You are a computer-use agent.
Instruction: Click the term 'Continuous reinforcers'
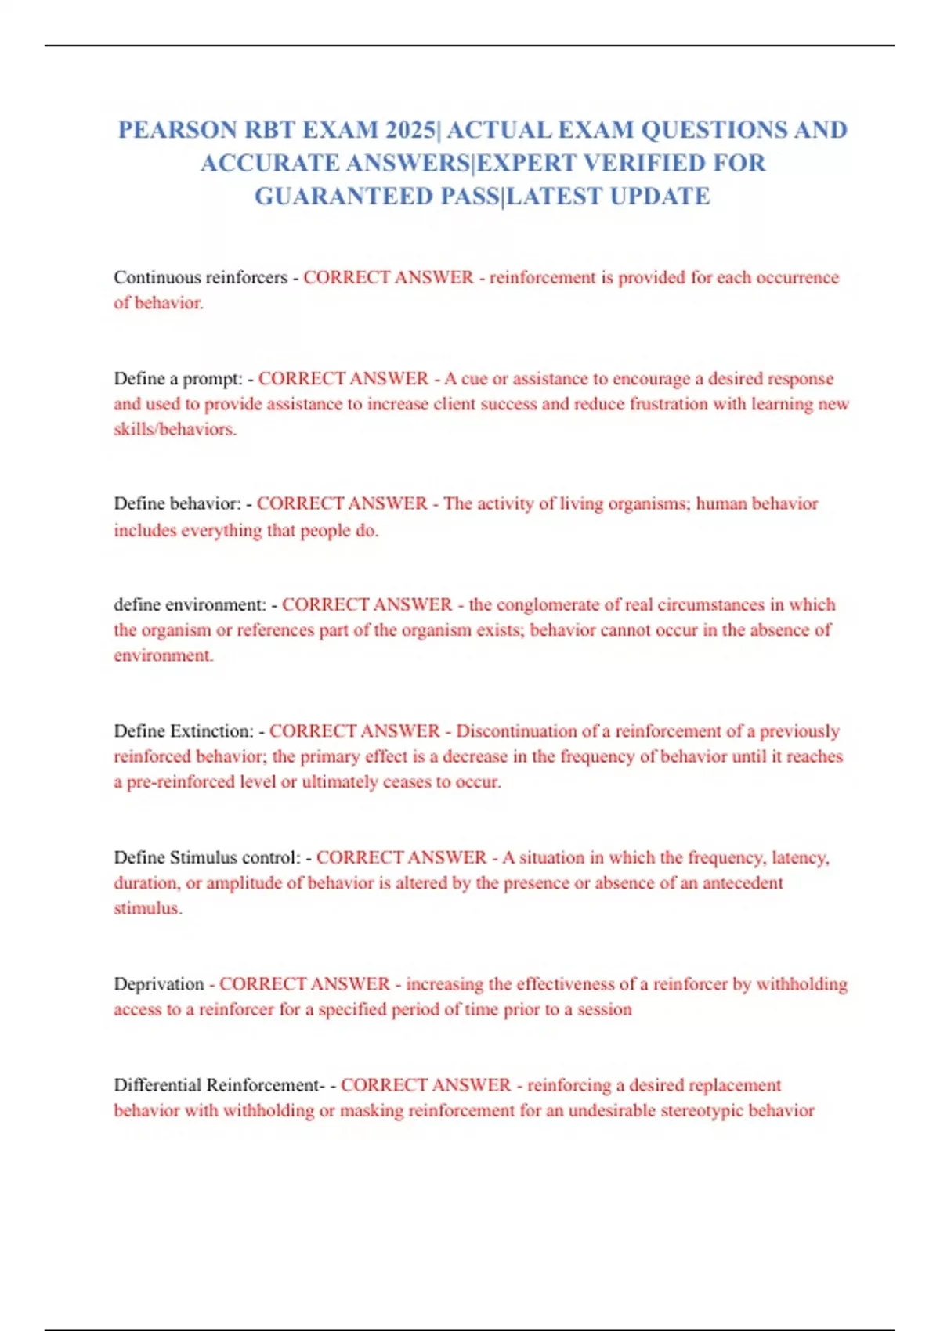[x=201, y=277]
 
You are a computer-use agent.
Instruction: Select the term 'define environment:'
[x=190, y=604]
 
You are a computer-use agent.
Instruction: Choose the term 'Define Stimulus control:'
[x=207, y=857]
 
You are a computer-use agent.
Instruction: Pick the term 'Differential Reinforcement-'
[x=219, y=1085]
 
